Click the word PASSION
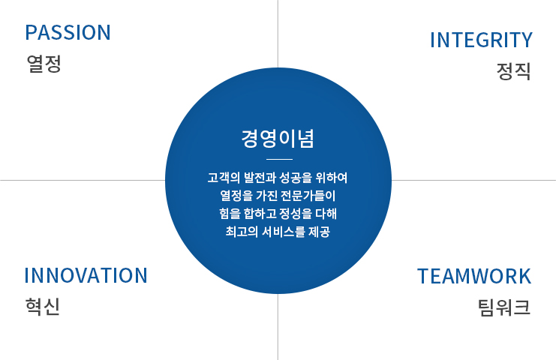pyautogui.click(x=68, y=32)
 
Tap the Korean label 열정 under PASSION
pyautogui.click(x=44, y=64)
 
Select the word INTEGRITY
pyautogui.click(x=481, y=40)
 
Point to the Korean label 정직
pyautogui.click(x=513, y=71)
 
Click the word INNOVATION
pyautogui.click(x=86, y=276)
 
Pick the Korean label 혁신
pyautogui.click(x=43, y=307)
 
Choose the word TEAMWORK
pyautogui.click(x=474, y=277)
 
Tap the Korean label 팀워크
pyautogui.click(x=504, y=307)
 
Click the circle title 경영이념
pyautogui.click(x=278, y=138)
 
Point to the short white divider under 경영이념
pyautogui.click(x=279, y=160)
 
